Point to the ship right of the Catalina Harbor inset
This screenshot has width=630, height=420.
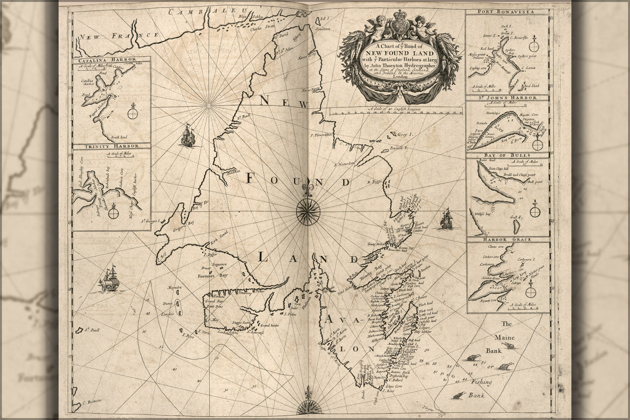pos(187,135)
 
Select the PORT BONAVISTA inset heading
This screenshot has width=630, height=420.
pos(507,12)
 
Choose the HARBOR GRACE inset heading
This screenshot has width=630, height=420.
pos(507,239)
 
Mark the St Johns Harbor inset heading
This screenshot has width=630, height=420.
pos(507,98)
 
